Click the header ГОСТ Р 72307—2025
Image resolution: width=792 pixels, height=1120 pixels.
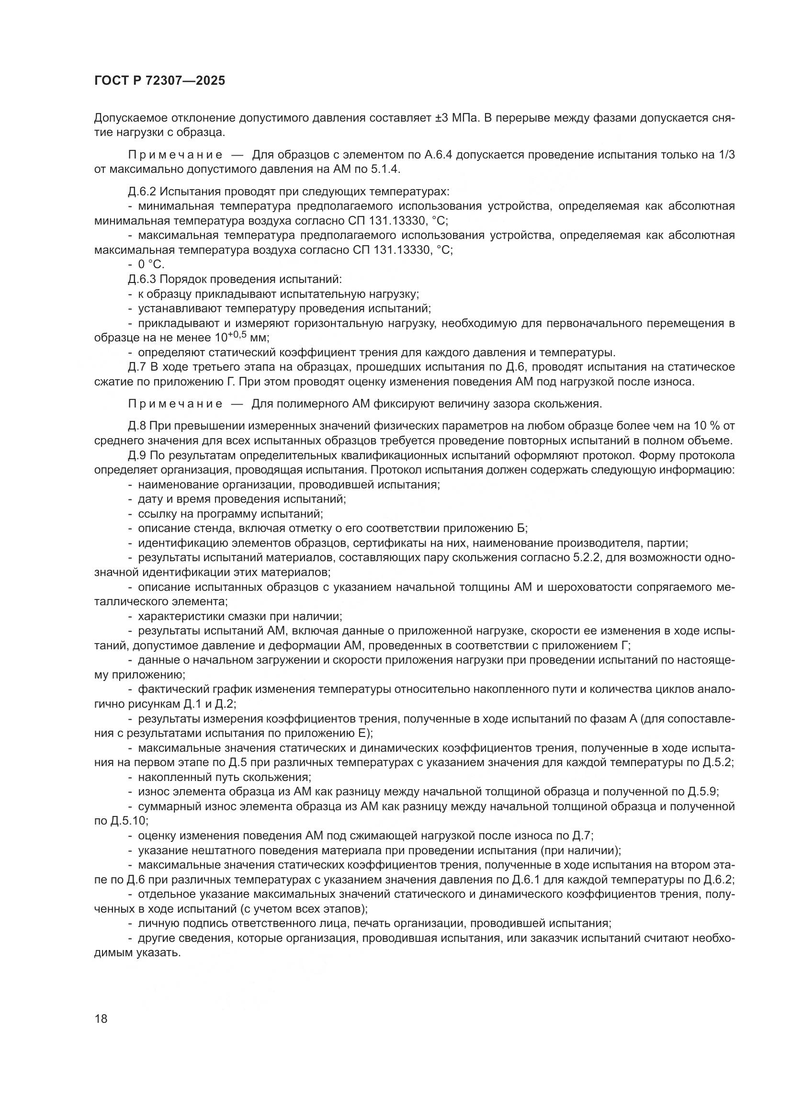point(159,81)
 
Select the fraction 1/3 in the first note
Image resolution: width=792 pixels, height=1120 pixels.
point(727,155)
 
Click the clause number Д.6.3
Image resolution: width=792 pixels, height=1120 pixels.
point(142,280)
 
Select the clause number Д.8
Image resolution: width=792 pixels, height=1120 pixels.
point(137,426)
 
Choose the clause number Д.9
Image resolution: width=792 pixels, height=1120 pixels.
point(137,455)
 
